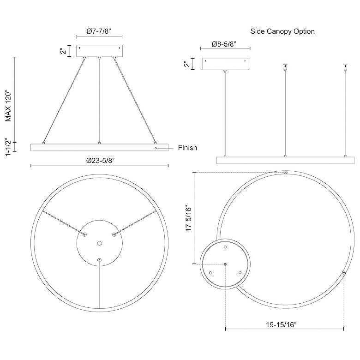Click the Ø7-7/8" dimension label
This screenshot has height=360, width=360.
pyautogui.click(x=99, y=31)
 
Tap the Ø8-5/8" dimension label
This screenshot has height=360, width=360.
pyautogui.click(x=224, y=44)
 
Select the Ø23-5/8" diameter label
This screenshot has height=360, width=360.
pyautogui.click(x=100, y=161)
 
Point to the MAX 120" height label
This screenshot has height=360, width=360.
pyautogui.click(x=8, y=107)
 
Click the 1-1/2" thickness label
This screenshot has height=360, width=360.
pyautogui.click(x=8, y=147)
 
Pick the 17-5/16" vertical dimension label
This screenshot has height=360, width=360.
pyautogui.click(x=188, y=218)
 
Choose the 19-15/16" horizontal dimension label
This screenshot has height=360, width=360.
pyautogui.click(x=281, y=324)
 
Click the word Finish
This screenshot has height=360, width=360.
pyautogui.click(x=187, y=148)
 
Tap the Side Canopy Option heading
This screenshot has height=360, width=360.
pyautogui.click(x=282, y=31)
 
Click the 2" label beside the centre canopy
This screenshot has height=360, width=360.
pyautogui.click(x=63, y=51)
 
